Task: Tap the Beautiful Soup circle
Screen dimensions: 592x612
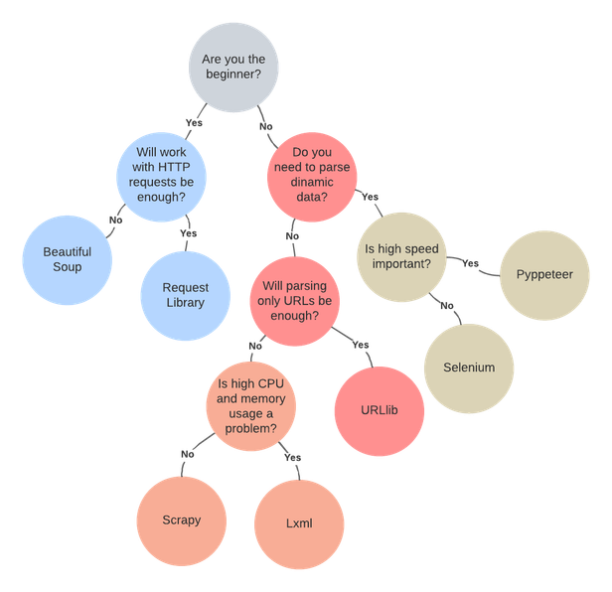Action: [x=67, y=259]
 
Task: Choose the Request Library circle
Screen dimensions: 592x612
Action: [x=185, y=295]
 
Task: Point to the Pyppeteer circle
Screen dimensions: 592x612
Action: [x=544, y=274]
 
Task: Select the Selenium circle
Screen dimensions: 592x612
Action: [x=469, y=368]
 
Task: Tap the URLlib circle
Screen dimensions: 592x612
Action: [x=379, y=410]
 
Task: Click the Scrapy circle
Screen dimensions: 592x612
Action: [x=181, y=519]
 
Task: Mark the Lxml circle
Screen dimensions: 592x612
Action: [x=299, y=523]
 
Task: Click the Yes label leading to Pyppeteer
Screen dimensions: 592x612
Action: [x=472, y=262]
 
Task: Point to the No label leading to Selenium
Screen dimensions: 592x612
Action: [x=446, y=305]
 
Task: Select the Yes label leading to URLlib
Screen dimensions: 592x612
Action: [x=362, y=346]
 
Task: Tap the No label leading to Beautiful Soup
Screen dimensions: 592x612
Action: [x=115, y=220]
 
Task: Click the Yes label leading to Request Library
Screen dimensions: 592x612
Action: [x=188, y=234]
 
